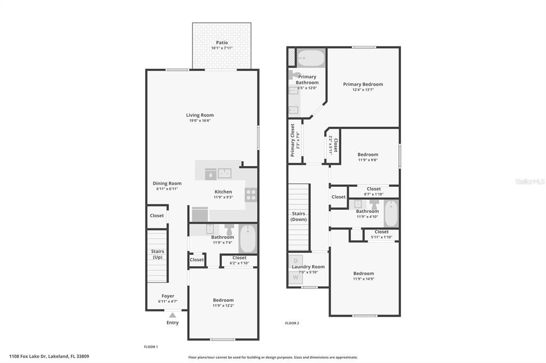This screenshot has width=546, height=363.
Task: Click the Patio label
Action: (222, 43)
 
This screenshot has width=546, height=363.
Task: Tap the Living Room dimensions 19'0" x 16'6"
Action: (200, 121)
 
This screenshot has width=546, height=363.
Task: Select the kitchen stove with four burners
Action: (251, 195)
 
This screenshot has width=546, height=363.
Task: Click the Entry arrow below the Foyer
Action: (172, 315)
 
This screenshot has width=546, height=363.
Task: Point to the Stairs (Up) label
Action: (157, 254)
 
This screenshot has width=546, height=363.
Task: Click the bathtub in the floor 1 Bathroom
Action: (248, 239)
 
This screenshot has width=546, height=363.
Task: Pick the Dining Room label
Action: (167, 184)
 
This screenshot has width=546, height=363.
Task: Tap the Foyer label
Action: (167, 296)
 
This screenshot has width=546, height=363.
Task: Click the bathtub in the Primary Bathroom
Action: (310, 57)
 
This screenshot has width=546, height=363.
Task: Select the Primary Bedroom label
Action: (363, 84)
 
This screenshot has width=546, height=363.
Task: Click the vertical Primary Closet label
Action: (292, 141)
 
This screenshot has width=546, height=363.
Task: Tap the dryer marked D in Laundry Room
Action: (295, 261)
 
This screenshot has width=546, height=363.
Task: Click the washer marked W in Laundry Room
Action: (295, 277)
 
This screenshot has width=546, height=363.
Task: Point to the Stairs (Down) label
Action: (299, 216)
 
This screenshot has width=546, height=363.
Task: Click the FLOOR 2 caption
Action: (292, 323)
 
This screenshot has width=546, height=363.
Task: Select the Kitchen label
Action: (223, 192)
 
